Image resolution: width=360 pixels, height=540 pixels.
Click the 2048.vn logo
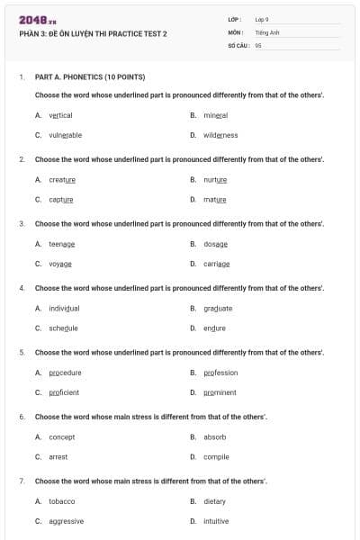coord(38,19)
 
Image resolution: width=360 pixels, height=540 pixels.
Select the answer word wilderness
coord(220,135)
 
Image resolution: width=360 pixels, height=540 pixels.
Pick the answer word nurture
coord(215,179)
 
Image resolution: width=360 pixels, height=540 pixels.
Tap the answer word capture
coord(61,199)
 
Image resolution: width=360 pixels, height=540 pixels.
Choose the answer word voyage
coord(60,264)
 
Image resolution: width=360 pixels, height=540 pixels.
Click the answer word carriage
coord(216,264)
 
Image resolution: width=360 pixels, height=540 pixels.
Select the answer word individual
coord(64,308)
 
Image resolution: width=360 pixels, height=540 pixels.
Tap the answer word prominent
coord(220,392)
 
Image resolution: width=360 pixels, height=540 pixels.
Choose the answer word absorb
coord(214,436)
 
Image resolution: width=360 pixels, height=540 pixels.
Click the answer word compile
coord(216,456)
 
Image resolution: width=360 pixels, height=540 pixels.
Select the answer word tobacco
coord(62,501)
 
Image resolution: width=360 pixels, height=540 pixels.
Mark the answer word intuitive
coord(216,521)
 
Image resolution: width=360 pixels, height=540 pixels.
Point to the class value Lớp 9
coord(262,19)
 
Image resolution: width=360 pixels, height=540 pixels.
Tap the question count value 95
coord(258,44)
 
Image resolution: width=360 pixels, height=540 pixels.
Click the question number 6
coord(22,417)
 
